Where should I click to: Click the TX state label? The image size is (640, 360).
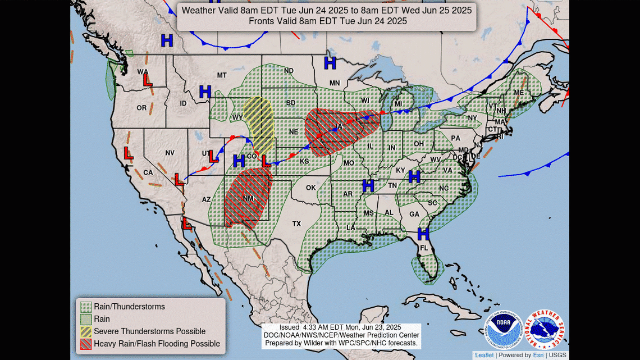[296, 224]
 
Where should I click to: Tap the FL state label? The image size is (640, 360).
[424, 248]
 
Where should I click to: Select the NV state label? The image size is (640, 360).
[170, 153]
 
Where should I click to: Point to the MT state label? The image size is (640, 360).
[222, 75]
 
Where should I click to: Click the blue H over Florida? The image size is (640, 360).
[423, 233]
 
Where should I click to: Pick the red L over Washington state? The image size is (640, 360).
[148, 81]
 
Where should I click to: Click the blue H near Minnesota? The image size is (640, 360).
[330, 63]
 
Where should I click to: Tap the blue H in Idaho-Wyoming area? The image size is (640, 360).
[205, 91]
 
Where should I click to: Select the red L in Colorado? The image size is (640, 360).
[265, 161]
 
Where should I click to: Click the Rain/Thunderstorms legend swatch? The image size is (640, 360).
[86, 307]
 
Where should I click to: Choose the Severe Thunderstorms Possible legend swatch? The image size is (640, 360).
[86, 331]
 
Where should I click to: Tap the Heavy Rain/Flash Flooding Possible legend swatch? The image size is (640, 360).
[86, 344]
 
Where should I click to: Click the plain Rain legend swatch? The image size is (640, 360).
[86, 319]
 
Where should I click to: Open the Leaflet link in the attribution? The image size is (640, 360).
[484, 355]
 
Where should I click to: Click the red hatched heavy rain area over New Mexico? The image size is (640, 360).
[245, 197]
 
